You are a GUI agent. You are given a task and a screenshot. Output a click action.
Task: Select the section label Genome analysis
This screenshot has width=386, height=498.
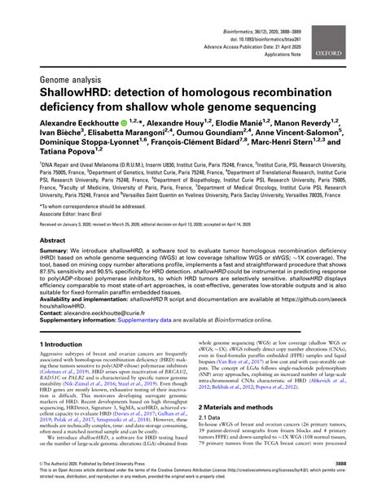coord(76,80)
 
